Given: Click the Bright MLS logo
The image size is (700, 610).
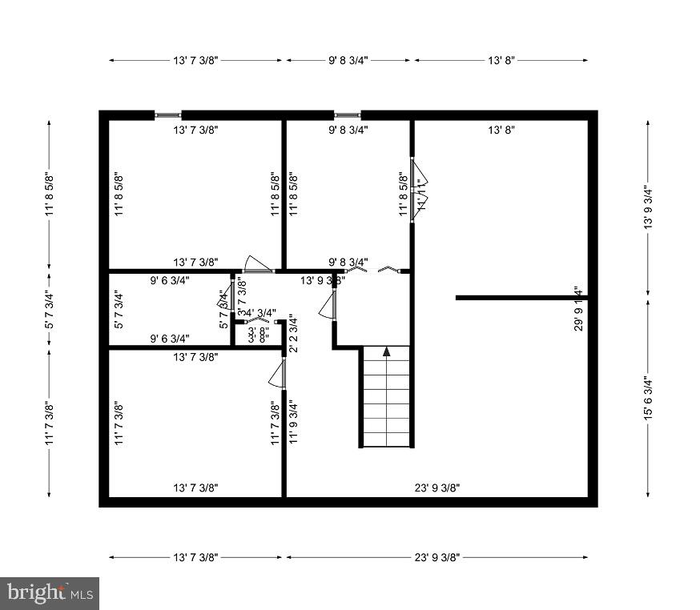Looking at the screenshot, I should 50,593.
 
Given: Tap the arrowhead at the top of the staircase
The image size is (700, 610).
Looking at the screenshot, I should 386,351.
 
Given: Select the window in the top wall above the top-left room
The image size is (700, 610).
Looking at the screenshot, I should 167,115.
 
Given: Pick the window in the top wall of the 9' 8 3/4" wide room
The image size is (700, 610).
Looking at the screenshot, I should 347,115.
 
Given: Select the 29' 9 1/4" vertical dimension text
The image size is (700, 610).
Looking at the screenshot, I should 577,309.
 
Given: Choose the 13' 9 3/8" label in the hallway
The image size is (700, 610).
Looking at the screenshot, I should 323,281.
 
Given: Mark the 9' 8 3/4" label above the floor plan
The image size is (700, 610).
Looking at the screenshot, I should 348,60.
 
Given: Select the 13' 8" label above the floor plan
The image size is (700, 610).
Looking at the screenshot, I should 501,60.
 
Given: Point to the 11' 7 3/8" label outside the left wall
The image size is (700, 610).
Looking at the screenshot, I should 50,423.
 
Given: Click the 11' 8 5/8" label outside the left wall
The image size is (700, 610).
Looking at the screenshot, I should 50,195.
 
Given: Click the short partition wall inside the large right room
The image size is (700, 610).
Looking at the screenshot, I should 521,298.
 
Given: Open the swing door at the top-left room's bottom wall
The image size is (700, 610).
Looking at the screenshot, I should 258,266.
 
